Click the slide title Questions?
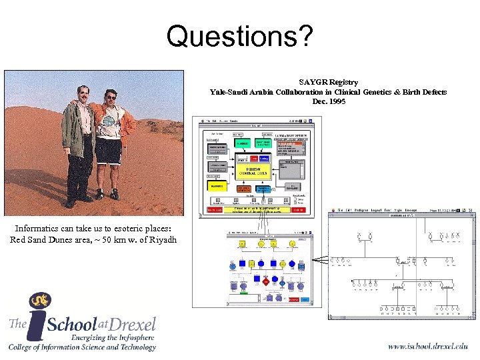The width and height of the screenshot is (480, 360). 239,36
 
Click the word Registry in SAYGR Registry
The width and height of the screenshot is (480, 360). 343,82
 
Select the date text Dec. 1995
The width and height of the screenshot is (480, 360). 329,101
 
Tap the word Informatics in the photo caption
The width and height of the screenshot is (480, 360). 37,229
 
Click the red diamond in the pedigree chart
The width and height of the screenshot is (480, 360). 265,282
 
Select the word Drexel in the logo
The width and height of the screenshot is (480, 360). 132,324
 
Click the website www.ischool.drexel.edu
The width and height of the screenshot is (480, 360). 427,346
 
